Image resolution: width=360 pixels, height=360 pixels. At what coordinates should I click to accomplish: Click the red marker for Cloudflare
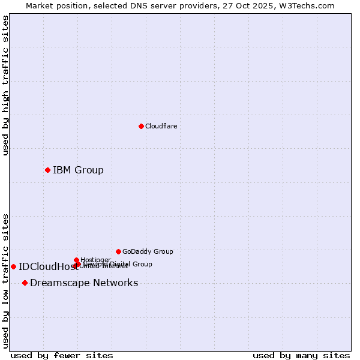[x=141, y=126]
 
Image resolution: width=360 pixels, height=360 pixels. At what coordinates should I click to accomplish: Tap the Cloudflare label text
[x=161, y=126]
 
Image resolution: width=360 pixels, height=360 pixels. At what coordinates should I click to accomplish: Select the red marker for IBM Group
[x=47, y=170]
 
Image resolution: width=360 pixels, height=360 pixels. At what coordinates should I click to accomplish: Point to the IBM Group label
[x=78, y=170]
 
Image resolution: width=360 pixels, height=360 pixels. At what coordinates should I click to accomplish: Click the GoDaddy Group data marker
[x=118, y=251]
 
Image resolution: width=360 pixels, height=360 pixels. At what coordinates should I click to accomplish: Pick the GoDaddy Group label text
[x=148, y=251]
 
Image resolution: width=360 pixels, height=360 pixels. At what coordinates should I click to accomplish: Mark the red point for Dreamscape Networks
[x=25, y=283]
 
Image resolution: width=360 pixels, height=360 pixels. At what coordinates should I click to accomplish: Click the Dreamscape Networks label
[x=84, y=283]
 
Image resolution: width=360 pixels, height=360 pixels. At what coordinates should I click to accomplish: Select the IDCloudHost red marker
[x=13, y=266]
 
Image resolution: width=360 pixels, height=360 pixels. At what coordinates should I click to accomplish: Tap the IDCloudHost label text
[x=44, y=267]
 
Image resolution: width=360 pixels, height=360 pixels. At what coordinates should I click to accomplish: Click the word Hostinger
[x=95, y=260]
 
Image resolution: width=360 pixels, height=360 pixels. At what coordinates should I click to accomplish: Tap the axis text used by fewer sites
[x=62, y=355]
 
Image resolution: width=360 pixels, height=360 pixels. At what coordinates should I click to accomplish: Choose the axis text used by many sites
[x=301, y=355]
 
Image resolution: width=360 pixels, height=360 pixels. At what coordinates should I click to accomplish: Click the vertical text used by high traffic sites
[x=6, y=86]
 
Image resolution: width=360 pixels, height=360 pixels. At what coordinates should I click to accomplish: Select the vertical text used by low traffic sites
[x=6, y=280]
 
